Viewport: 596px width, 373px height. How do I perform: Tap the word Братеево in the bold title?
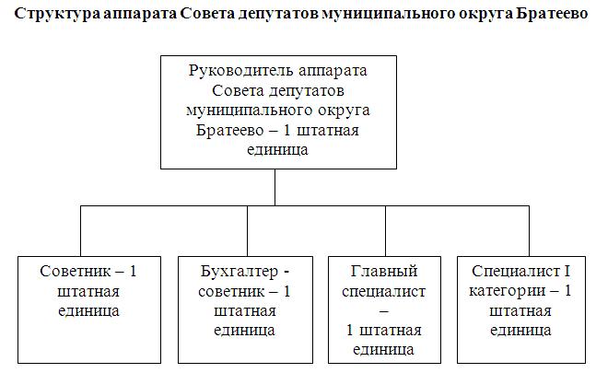(x=553, y=17)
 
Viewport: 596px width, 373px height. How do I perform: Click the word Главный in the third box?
(x=384, y=272)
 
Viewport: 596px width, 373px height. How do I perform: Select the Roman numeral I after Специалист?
(x=567, y=272)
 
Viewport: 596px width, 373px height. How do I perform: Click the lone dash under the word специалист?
(x=384, y=311)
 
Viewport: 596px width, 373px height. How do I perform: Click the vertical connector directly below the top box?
(x=275, y=188)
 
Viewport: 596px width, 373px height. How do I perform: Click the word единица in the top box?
(x=275, y=148)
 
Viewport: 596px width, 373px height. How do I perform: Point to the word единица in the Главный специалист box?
(x=384, y=350)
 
